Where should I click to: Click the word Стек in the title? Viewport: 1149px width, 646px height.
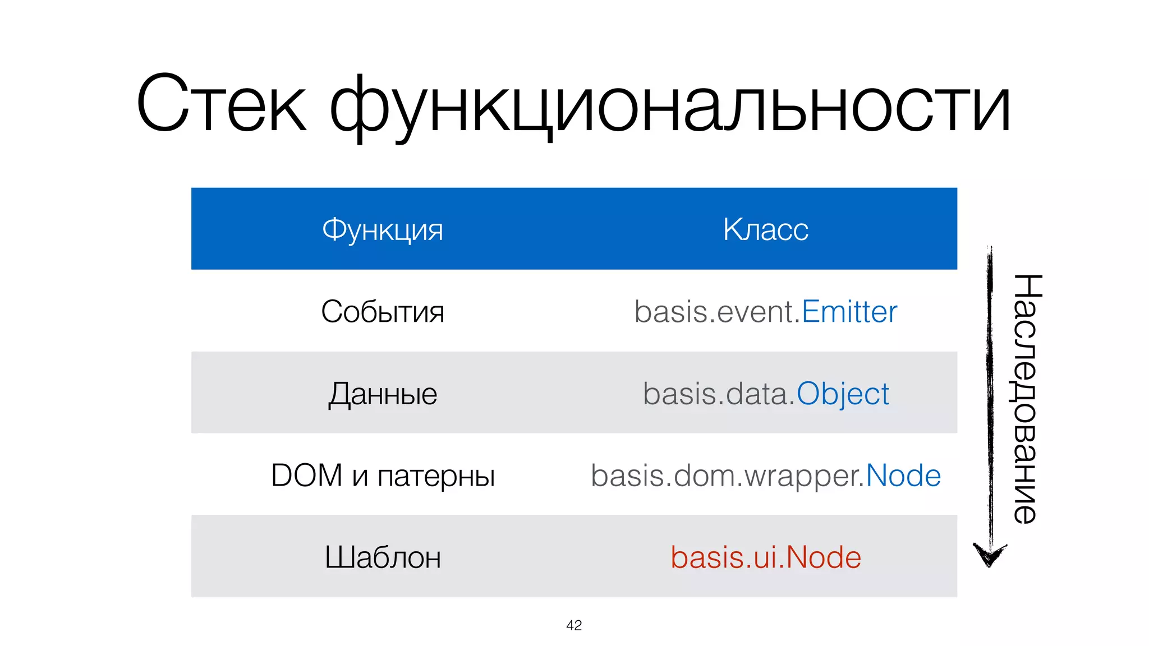(x=221, y=104)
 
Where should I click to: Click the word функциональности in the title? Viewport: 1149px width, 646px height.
(x=670, y=107)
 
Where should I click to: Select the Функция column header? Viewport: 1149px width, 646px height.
(x=383, y=230)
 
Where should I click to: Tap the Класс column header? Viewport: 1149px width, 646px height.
(x=765, y=229)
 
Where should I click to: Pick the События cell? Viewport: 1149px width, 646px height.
(x=383, y=312)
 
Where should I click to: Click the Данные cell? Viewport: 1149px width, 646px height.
(x=383, y=394)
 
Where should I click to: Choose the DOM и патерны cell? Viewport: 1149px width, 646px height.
(x=383, y=476)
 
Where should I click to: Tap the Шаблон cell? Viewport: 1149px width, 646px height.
(x=383, y=557)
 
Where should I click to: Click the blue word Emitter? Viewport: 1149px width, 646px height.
(x=849, y=312)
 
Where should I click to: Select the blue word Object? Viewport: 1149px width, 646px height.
(x=843, y=394)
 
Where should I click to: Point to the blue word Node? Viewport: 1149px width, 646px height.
(x=903, y=476)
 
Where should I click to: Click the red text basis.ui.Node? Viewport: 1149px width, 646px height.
(x=765, y=557)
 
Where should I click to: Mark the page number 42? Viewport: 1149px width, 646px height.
(x=574, y=625)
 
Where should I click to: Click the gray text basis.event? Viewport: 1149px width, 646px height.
(x=717, y=312)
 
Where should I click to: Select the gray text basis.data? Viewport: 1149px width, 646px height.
(x=719, y=394)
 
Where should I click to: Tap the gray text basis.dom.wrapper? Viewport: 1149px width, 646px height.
(x=728, y=476)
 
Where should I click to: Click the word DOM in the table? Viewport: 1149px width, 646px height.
(x=306, y=476)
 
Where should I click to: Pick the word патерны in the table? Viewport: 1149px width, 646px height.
(x=436, y=477)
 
